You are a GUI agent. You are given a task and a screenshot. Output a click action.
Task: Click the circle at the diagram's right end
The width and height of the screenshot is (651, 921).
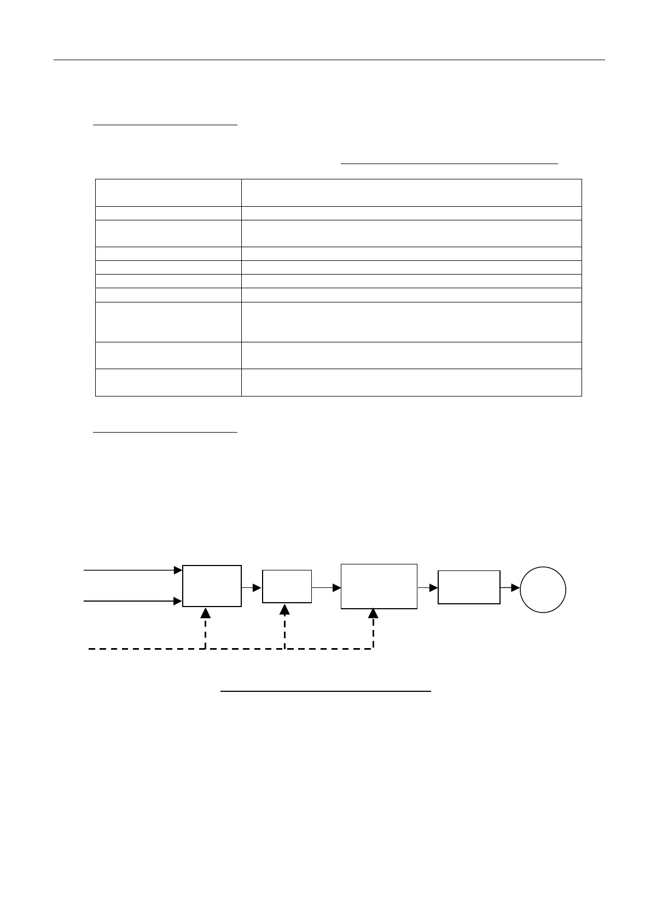coord(543,590)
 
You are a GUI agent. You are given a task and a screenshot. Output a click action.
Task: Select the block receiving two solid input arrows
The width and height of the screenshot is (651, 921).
coord(212,586)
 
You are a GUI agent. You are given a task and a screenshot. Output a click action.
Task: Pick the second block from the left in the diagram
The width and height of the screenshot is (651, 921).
coord(287,586)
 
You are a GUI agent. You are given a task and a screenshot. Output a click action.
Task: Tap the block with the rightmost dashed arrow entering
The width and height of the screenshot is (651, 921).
coord(379,586)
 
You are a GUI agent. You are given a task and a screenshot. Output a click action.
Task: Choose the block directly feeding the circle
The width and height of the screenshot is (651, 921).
coord(469,587)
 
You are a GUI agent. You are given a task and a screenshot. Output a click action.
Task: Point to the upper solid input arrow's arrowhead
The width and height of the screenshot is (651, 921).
coord(178,570)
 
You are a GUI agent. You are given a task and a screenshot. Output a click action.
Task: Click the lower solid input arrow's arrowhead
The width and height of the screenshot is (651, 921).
coord(178,601)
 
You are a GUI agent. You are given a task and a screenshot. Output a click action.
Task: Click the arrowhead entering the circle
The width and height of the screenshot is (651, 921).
coord(515,587)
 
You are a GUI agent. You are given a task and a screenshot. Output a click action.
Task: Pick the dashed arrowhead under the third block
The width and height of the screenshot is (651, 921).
coord(373,614)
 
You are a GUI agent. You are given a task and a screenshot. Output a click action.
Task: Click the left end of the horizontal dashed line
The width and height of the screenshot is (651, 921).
coord(90,649)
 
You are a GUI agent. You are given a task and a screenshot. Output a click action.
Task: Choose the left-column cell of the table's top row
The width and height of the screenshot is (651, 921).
coord(168,193)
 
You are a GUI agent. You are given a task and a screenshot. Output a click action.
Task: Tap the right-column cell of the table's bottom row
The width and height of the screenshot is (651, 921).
coord(411,382)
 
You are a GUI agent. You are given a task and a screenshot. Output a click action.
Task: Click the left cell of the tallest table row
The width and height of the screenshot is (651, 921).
coord(168,322)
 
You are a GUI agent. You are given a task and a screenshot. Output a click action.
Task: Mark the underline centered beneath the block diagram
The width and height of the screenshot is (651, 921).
coord(326,692)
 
